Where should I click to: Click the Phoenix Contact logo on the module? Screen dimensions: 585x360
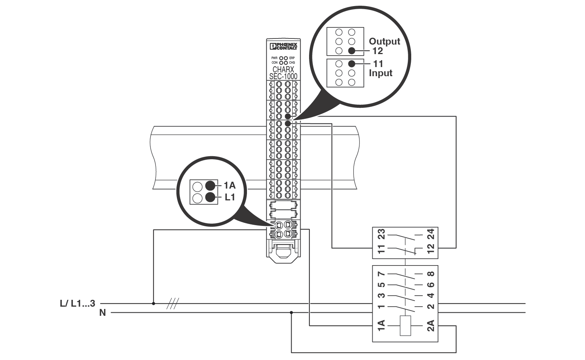coord(284,46)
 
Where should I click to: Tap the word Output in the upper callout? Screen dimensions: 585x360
coord(385,41)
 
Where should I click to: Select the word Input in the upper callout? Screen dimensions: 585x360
coord(380,73)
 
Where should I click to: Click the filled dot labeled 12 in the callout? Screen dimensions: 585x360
coord(352,51)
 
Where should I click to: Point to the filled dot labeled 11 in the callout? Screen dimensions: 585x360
coord(352,64)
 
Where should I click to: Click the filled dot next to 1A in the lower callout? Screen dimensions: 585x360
coord(210,186)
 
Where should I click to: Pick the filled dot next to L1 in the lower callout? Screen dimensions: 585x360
coord(210,197)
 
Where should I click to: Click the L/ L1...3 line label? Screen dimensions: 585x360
coord(78,304)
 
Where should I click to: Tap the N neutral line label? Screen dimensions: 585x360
coord(103,313)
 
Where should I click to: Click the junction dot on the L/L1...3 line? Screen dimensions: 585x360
coord(154,304)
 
